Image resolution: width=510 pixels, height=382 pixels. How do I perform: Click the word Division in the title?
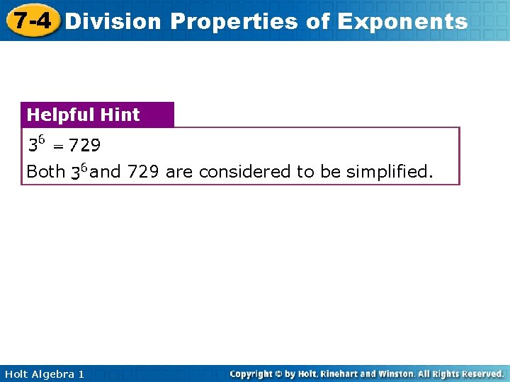tap(113, 21)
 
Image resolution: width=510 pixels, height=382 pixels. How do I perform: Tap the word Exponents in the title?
tap(402, 21)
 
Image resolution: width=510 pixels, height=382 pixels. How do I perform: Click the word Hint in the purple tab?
tap(120, 115)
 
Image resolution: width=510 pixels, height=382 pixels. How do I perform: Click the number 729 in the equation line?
tap(85, 146)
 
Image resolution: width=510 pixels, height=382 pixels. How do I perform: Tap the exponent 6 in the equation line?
tap(41, 141)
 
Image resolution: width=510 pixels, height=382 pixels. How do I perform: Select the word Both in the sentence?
tap(45, 172)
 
